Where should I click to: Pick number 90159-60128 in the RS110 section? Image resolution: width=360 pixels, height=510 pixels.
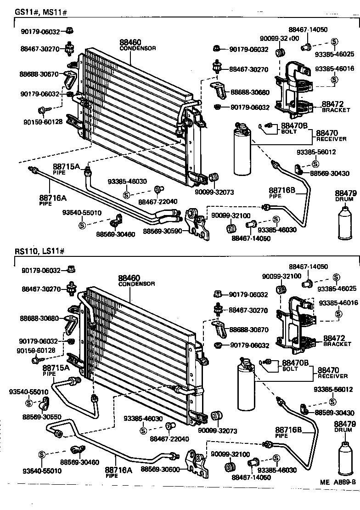pyautogui.click(x=36, y=350)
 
